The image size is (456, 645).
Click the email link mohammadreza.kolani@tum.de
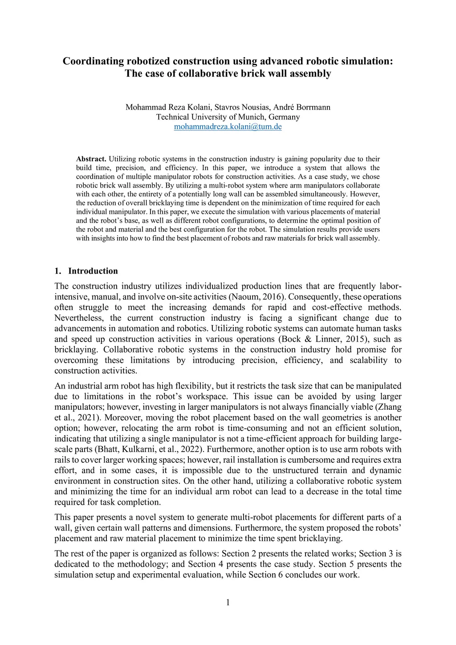coord(228,127)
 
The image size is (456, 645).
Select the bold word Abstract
coord(91,159)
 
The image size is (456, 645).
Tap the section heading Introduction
coord(93,271)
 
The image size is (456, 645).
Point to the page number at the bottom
coord(228,603)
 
